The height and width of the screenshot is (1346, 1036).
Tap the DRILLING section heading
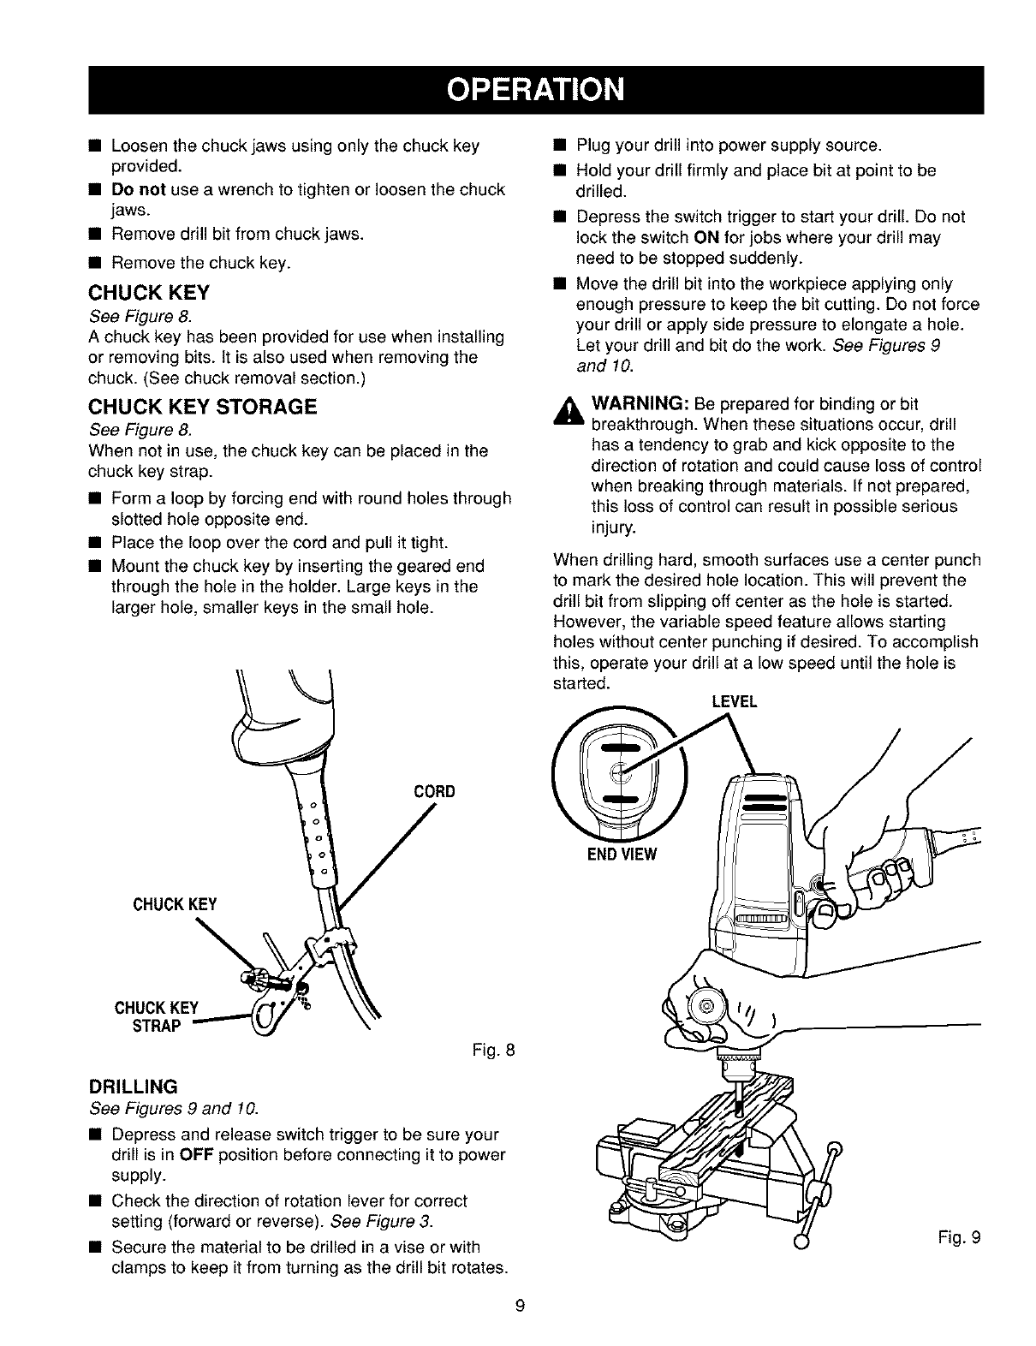(133, 1087)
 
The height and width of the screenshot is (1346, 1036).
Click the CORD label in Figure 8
(434, 790)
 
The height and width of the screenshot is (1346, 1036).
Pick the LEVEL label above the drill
(734, 702)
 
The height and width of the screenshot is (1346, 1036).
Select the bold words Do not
(139, 188)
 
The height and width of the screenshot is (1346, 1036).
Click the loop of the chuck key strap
(263, 1015)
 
